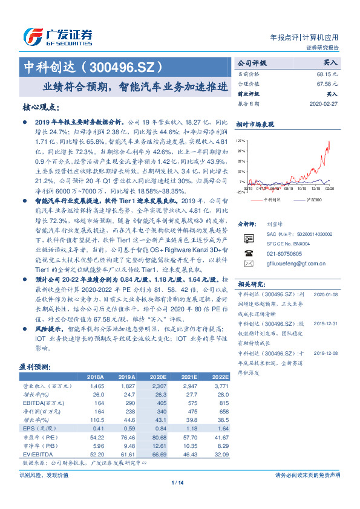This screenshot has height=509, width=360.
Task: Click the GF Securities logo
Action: tap(57, 35)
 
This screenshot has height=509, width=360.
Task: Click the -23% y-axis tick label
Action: tap(241, 192)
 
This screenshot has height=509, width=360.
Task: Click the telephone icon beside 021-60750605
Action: tap(247, 253)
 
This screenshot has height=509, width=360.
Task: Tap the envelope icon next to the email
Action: tap(247, 264)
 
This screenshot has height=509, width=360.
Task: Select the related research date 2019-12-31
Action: tap(326, 323)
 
